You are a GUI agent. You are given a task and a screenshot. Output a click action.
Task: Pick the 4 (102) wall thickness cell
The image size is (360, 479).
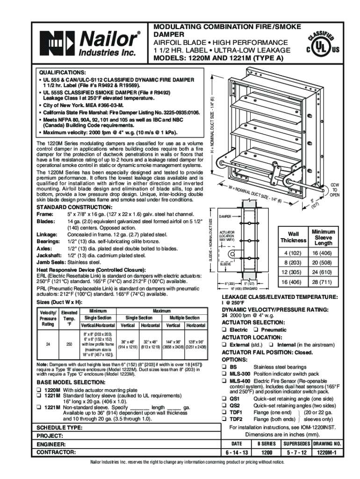pos(293,253)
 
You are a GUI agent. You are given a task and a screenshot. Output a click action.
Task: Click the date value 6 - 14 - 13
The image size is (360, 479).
pos(237,453)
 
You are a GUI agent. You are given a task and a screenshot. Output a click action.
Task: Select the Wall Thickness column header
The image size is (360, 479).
pos(293,237)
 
